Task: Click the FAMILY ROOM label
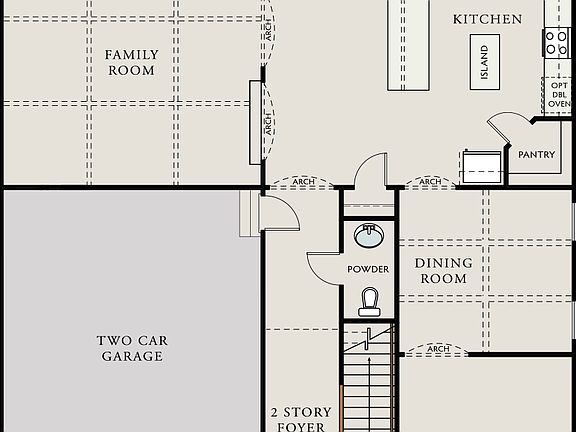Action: (x=131, y=62)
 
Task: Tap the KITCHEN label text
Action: (x=487, y=19)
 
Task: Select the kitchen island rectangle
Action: (x=484, y=62)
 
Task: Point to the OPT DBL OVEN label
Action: (x=558, y=95)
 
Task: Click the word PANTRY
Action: (x=536, y=155)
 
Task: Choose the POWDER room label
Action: (x=368, y=270)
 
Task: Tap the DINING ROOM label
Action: (x=444, y=271)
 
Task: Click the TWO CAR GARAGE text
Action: (x=131, y=348)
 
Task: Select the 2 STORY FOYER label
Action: (x=301, y=419)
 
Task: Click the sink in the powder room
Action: (x=369, y=236)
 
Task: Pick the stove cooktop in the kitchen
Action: (x=555, y=42)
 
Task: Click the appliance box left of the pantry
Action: (x=483, y=166)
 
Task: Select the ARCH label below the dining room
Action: (x=437, y=349)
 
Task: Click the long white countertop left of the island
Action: (x=410, y=44)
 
